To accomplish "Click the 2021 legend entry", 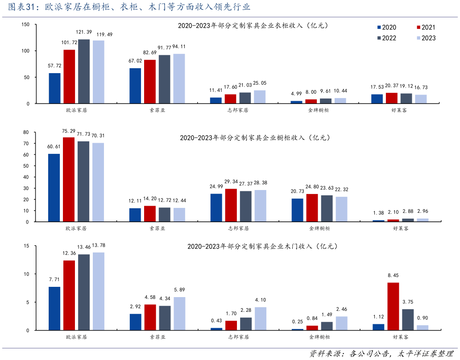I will tap(426, 28).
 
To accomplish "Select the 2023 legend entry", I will tap(426, 38).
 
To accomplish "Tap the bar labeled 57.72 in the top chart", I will tap(55, 88).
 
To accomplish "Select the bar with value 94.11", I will tap(179, 79).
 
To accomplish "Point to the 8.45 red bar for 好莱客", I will tap(393, 306).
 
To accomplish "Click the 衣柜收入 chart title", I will tap(253, 26).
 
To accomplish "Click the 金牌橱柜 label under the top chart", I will tap(319, 110).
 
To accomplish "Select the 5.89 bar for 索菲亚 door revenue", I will tap(179, 314).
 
